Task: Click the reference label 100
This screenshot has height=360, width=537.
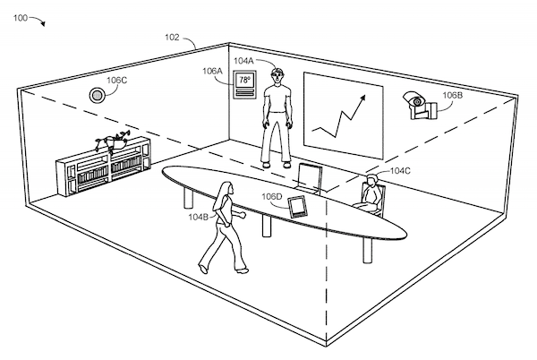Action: click(x=21, y=18)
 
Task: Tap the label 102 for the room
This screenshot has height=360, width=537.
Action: click(x=172, y=38)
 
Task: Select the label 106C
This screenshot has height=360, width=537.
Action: click(x=116, y=81)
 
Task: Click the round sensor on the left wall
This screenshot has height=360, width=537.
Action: click(x=97, y=95)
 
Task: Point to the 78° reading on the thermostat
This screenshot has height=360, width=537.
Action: click(x=244, y=81)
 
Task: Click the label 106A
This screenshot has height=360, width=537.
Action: click(x=212, y=72)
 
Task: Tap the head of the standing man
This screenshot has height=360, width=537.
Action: click(x=277, y=75)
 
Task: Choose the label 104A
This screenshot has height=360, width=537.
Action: click(x=243, y=61)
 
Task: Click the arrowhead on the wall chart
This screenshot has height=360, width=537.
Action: click(x=362, y=99)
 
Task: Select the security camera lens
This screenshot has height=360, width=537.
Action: click(x=417, y=101)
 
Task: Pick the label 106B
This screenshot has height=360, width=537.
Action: click(x=452, y=95)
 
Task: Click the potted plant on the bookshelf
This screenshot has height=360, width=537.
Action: click(x=113, y=141)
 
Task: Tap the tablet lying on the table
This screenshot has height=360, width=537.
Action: click(x=297, y=207)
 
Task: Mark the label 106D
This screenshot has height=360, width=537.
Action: click(x=272, y=197)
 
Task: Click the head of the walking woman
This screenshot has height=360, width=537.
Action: click(x=226, y=189)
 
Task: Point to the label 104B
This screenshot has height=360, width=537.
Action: click(x=199, y=217)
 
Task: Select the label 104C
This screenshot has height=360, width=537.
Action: click(x=400, y=170)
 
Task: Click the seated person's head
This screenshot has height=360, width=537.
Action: click(x=371, y=180)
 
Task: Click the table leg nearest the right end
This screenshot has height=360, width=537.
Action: click(x=368, y=250)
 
